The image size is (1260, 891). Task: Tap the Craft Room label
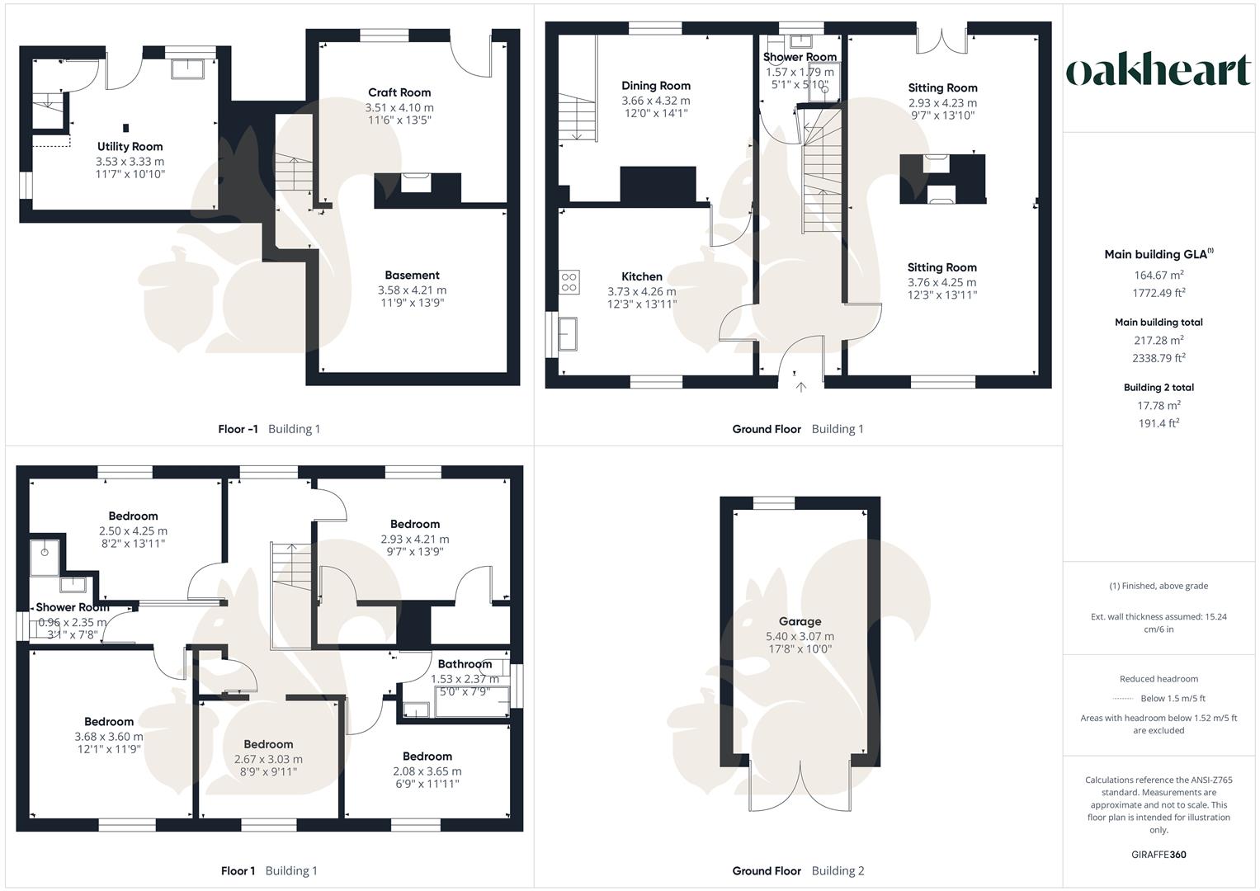[399, 92]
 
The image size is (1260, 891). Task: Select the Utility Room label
[130, 146]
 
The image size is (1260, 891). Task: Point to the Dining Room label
[656, 86]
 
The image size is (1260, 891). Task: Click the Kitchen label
[642, 276]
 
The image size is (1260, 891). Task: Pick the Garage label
[800, 621]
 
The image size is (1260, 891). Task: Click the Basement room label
[412, 275]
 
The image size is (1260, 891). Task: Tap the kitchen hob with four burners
[569, 282]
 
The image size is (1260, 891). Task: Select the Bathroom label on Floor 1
[465, 664]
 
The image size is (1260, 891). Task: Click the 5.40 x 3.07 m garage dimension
[800, 636]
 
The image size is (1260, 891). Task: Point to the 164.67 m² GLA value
[1159, 275]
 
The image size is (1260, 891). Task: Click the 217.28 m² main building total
[1159, 340]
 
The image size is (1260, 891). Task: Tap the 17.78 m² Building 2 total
[1159, 405]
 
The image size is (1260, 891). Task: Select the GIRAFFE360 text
[1159, 855]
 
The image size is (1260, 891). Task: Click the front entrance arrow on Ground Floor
[801, 387]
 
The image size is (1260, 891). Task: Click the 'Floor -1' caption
[238, 429]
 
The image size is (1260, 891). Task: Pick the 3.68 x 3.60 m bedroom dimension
[109, 736]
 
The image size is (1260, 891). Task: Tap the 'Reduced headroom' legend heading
[1159, 678]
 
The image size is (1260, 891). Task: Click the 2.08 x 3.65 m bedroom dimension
[427, 771]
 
